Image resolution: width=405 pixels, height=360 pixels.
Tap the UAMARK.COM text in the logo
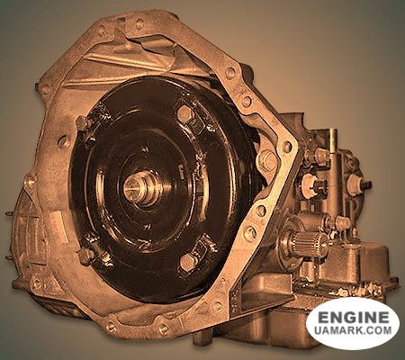(x=353, y=330)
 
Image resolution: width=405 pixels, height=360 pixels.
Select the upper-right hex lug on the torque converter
(x=185, y=113)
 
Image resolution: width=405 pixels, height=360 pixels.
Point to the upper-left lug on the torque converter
(x=83, y=122)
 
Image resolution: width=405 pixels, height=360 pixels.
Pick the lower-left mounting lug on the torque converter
(x=86, y=256)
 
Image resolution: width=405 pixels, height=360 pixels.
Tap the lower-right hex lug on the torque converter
(x=188, y=263)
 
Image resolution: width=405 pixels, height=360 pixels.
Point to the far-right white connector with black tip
(x=358, y=183)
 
